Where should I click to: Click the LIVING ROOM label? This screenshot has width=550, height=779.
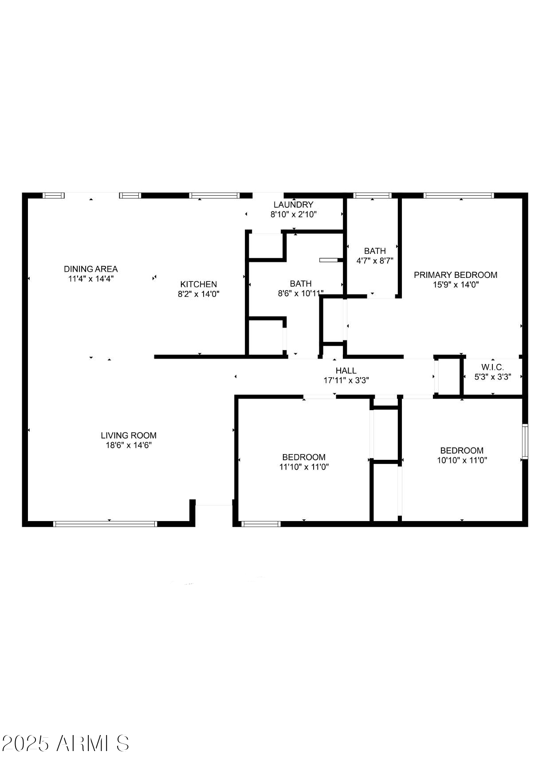point(129,435)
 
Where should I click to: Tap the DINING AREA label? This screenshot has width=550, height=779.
point(91,269)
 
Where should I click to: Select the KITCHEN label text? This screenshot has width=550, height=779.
point(199,284)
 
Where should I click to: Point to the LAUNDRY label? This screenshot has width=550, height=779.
point(293,205)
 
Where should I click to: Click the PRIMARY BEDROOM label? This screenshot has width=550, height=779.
point(456,275)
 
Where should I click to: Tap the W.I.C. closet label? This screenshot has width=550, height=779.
point(492,367)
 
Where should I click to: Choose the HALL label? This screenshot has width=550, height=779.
point(346,371)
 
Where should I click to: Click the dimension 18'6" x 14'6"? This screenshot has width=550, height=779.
point(129,445)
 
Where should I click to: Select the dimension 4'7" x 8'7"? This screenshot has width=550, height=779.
point(375,261)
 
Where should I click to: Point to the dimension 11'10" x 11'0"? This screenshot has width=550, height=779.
point(304,467)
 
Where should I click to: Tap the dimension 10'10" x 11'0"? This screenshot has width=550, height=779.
point(462,460)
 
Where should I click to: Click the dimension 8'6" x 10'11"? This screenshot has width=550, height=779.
point(301,293)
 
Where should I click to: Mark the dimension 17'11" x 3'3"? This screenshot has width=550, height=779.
point(346,380)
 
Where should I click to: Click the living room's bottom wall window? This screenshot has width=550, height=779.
point(105,524)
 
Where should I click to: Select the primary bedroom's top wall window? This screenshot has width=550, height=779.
point(459,195)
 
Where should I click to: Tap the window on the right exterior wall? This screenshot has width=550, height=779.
point(525,441)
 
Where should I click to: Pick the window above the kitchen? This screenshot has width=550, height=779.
point(214,195)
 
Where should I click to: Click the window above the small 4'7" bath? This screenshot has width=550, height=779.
point(372,195)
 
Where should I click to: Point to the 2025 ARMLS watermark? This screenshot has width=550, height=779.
point(66,743)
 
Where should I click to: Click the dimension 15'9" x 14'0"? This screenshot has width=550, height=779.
point(456,285)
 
